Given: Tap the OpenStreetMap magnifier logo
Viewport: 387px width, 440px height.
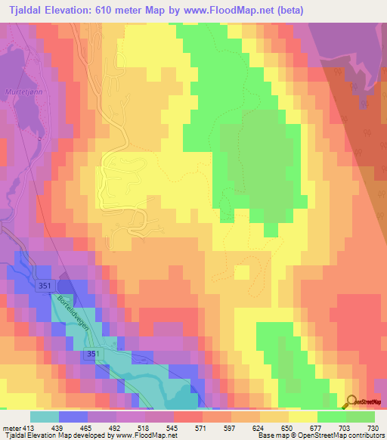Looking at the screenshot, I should (x=351, y=401).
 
